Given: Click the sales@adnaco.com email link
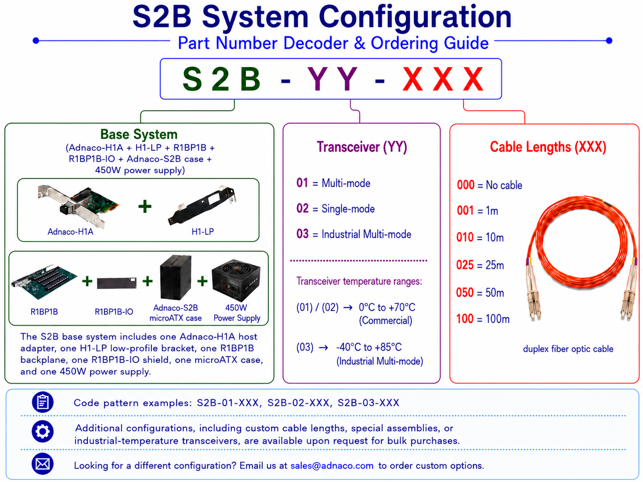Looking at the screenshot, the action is [332, 465].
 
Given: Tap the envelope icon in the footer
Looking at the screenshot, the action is [43, 464].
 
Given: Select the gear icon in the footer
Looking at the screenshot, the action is [43, 431].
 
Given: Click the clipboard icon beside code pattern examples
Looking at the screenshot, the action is [43, 402].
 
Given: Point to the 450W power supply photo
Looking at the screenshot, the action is [236, 280].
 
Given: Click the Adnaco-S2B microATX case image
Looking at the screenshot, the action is [176, 277].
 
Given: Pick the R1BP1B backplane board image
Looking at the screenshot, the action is [44, 281].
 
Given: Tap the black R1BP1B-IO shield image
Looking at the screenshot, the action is [117, 283].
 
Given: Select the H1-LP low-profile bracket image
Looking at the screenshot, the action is [202, 205].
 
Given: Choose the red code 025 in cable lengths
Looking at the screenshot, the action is [465, 265].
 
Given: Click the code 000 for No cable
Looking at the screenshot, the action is [465, 185].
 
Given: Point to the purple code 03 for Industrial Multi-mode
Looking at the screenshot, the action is [302, 234].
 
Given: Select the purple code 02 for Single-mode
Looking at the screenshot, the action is [302, 208].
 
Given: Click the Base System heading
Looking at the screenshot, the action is [139, 134].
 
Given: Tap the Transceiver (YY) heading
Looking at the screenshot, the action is [362, 146].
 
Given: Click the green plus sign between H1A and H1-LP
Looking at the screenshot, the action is [145, 206].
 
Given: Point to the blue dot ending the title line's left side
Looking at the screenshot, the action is [36, 40].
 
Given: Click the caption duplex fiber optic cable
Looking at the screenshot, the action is [568, 349].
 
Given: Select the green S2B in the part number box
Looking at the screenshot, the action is [222, 79].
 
